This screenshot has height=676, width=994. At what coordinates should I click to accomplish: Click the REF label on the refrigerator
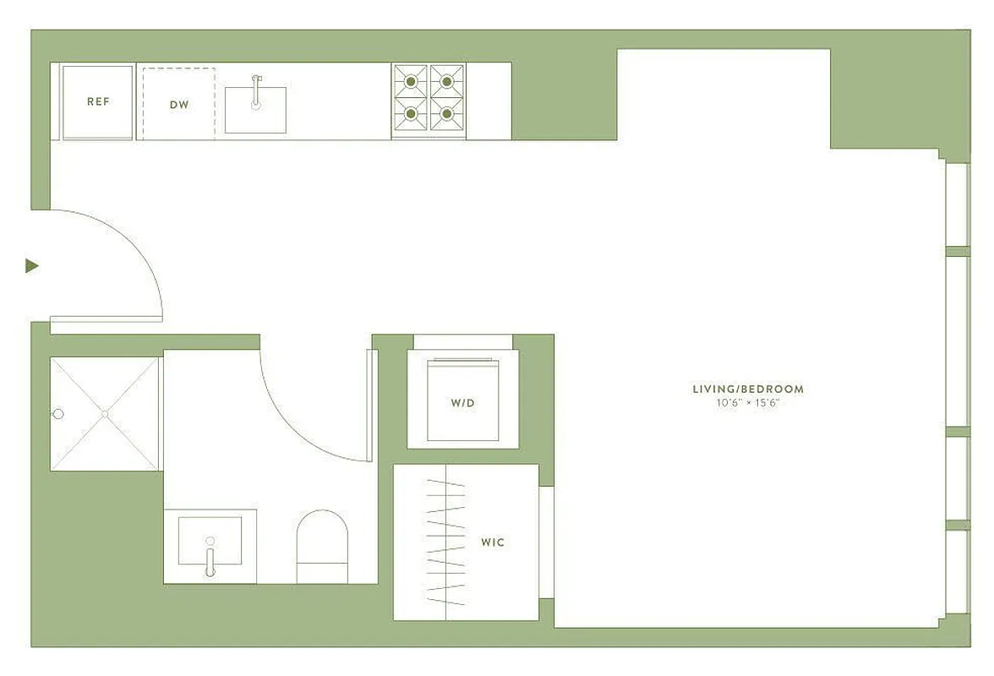coord(98,101)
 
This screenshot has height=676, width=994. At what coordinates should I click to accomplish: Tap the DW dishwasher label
coord(179,105)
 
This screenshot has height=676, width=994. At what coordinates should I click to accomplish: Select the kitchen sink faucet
coord(255,90)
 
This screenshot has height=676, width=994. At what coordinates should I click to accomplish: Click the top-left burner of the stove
coord(411,82)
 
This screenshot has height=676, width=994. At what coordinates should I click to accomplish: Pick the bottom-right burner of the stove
coord(447,113)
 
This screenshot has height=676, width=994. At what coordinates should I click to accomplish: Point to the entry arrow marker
coord(32,266)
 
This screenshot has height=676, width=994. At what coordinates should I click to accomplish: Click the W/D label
coord(462,403)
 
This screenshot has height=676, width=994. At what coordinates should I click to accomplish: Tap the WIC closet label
coord(493,542)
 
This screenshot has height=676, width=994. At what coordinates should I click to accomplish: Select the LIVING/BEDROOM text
coord(748,390)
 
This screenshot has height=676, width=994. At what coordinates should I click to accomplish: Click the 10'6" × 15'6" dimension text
coord(748,403)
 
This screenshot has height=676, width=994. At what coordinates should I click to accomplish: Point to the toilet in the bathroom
coord(322,545)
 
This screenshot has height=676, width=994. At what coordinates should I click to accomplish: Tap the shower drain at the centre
coord(105,414)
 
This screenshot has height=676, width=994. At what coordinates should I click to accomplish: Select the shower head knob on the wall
coord(58,414)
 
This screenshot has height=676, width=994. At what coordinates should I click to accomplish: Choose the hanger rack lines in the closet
coord(445,541)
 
